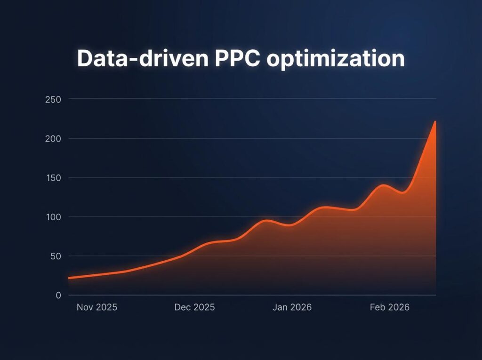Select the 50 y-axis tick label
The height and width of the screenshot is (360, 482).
tap(56, 256)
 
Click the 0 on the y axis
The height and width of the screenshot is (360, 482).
tap(58, 296)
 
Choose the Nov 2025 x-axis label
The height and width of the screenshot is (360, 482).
tap(97, 307)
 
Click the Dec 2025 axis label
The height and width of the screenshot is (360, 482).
tap(194, 307)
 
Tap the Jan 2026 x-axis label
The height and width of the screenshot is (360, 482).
tap(292, 307)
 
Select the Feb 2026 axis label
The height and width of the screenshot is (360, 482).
tap(389, 307)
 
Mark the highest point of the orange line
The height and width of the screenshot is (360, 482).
tap(435, 121)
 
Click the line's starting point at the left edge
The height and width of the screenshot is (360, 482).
tap(69, 278)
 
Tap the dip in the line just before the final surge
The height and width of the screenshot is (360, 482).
tap(403, 192)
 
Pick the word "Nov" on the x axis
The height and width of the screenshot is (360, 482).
tap(85, 307)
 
